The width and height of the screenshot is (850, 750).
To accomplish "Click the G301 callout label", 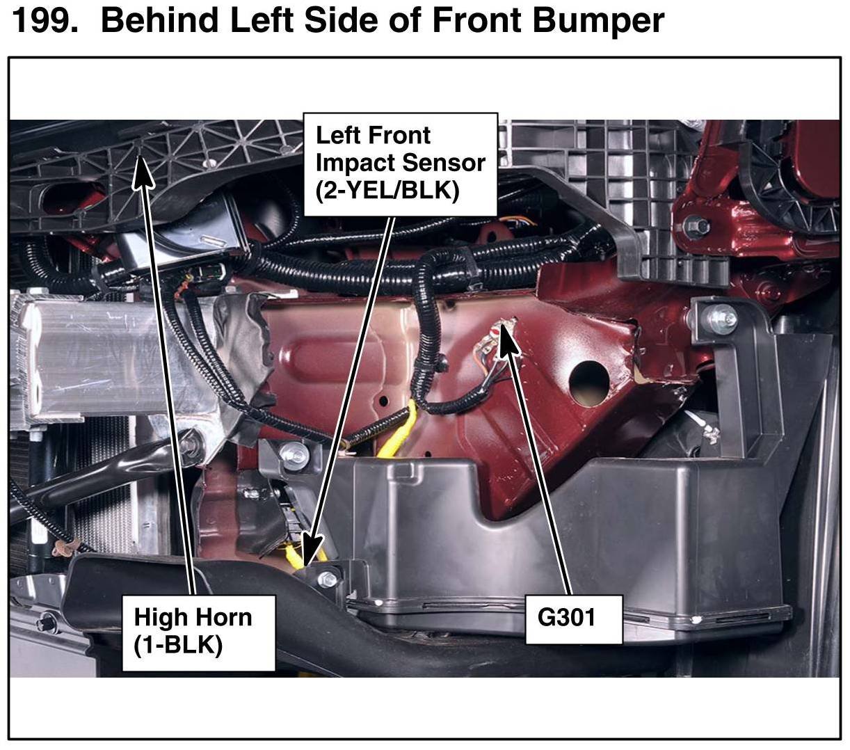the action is [574, 619].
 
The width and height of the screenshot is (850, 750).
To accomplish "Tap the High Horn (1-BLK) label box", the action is [198, 632].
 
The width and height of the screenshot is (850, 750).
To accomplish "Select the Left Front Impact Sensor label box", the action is [400, 164].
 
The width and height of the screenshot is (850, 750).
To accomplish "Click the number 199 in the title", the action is [45, 21].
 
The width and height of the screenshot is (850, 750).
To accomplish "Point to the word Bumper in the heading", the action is [599, 22].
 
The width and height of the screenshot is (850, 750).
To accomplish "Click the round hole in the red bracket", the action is [588, 383].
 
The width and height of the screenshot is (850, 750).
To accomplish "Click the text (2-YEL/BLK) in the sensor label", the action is [387, 191].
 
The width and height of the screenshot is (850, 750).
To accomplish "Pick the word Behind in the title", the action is [160, 20].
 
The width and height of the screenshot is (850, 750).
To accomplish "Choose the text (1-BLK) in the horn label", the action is [178, 645].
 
